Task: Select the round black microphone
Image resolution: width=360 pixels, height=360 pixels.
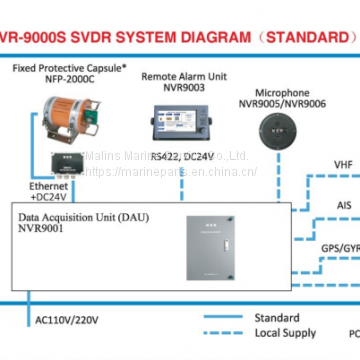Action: (275, 128)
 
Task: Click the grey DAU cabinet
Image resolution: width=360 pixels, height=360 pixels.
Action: (218, 256)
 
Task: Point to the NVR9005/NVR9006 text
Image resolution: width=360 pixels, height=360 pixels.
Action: (275, 102)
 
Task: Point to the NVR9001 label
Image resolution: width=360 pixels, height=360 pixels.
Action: (39, 229)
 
